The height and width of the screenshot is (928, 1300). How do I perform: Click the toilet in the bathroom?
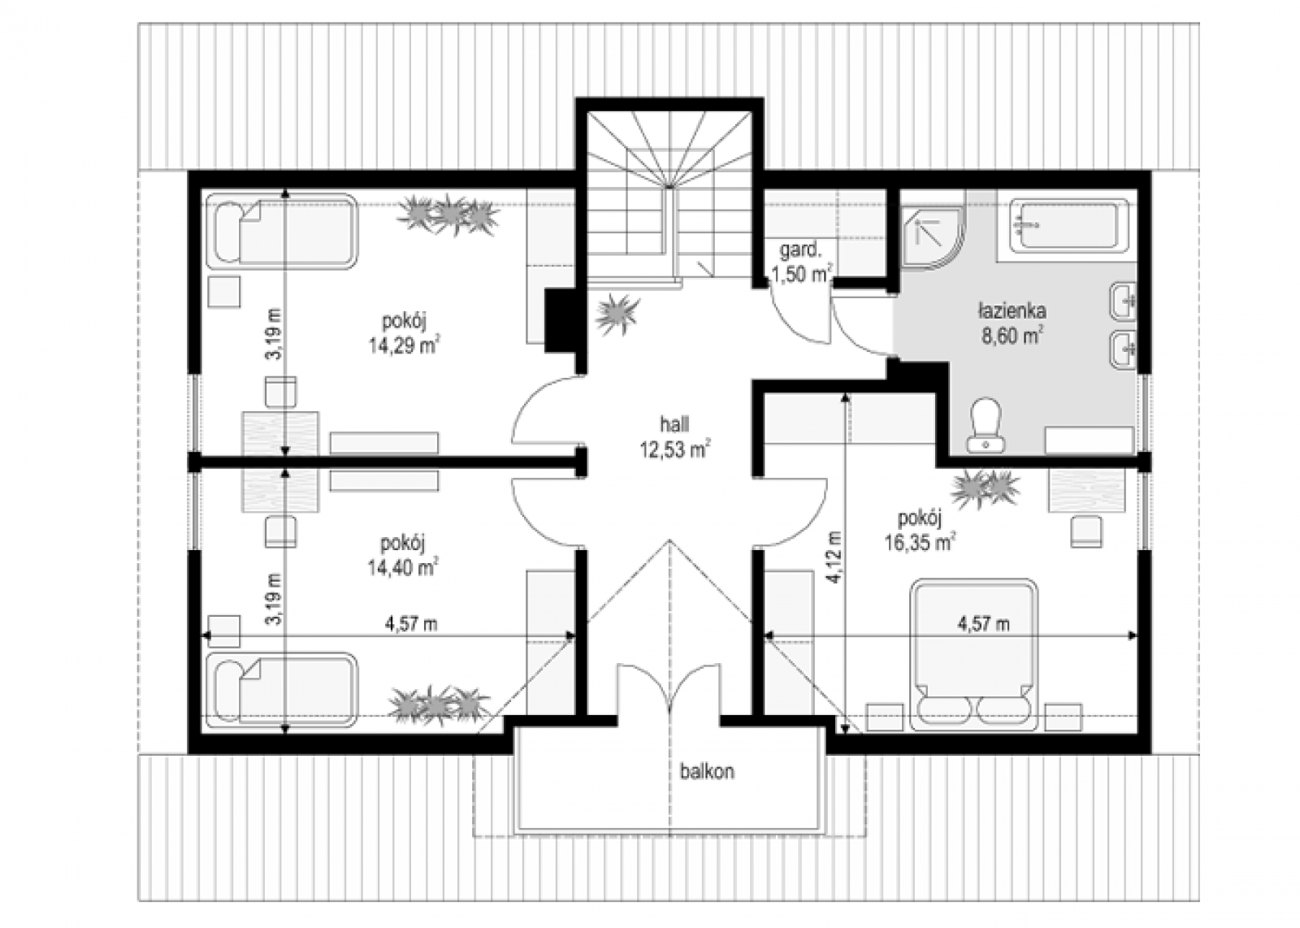tap(986, 426)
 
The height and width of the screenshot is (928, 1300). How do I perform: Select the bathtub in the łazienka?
tap(1069, 227)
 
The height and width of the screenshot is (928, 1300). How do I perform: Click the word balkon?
tap(707, 771)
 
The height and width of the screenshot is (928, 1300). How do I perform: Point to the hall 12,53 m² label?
tap(674, 436)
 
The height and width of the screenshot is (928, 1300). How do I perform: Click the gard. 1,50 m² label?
tap(802, 262)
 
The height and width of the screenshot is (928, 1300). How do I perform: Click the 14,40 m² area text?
tap(403, 566)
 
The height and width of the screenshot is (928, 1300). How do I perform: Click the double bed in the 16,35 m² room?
tap(975, 654)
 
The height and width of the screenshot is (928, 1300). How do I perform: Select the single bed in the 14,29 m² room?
tap(282, 231)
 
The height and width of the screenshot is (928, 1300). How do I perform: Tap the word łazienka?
tap(1012, 312)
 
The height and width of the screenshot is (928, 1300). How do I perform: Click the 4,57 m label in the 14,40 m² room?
tap(411, 624)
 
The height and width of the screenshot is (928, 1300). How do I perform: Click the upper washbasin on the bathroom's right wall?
tap(1124, 301)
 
